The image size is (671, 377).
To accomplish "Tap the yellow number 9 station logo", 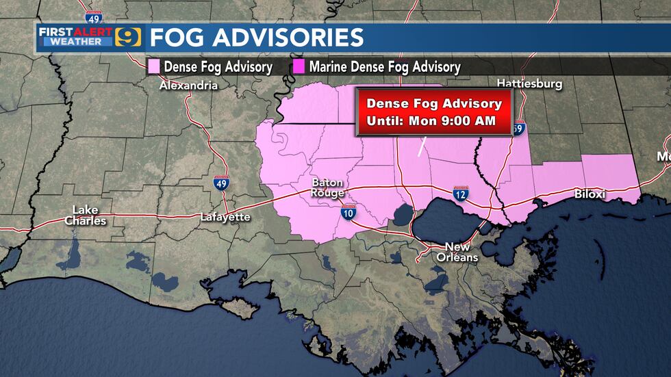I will (x=127, y=36).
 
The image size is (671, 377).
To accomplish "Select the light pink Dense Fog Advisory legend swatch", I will (x=154, y=66).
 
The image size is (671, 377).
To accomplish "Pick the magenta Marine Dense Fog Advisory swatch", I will (x=299, y=66).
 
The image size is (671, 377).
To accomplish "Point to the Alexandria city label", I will (x=188, y=86).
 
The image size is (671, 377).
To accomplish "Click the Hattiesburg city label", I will (x=529, y=83).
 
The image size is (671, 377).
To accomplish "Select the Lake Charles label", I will (x=86, y=216).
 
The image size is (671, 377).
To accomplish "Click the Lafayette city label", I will (x=225, y=217).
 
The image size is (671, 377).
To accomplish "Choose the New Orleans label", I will (x=458, y=252).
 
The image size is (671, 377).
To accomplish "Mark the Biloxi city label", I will (x=590, y=194).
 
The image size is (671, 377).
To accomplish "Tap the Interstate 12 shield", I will (x=460, y=195).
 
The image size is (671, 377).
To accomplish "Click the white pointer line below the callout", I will (x=422, y=146).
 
